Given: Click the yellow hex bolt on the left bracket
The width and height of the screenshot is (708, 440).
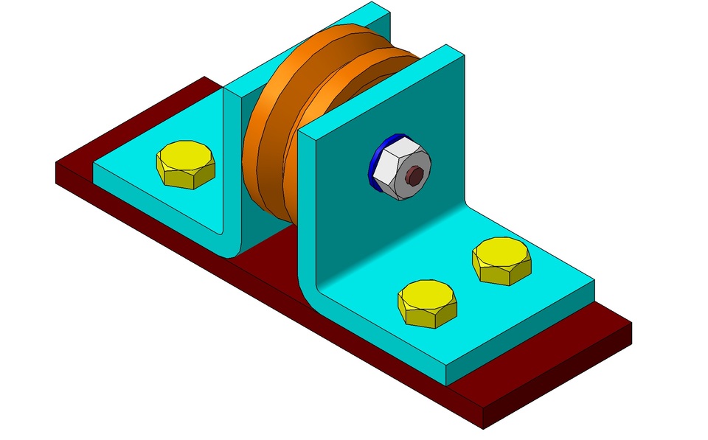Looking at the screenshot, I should tap(186, 164).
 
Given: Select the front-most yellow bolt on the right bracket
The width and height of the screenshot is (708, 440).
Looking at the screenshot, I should tap(427, 303).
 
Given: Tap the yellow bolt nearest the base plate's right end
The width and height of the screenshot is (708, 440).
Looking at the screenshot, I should tap(502, 259).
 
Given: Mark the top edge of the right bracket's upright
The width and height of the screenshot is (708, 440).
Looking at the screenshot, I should tap(383, 92).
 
